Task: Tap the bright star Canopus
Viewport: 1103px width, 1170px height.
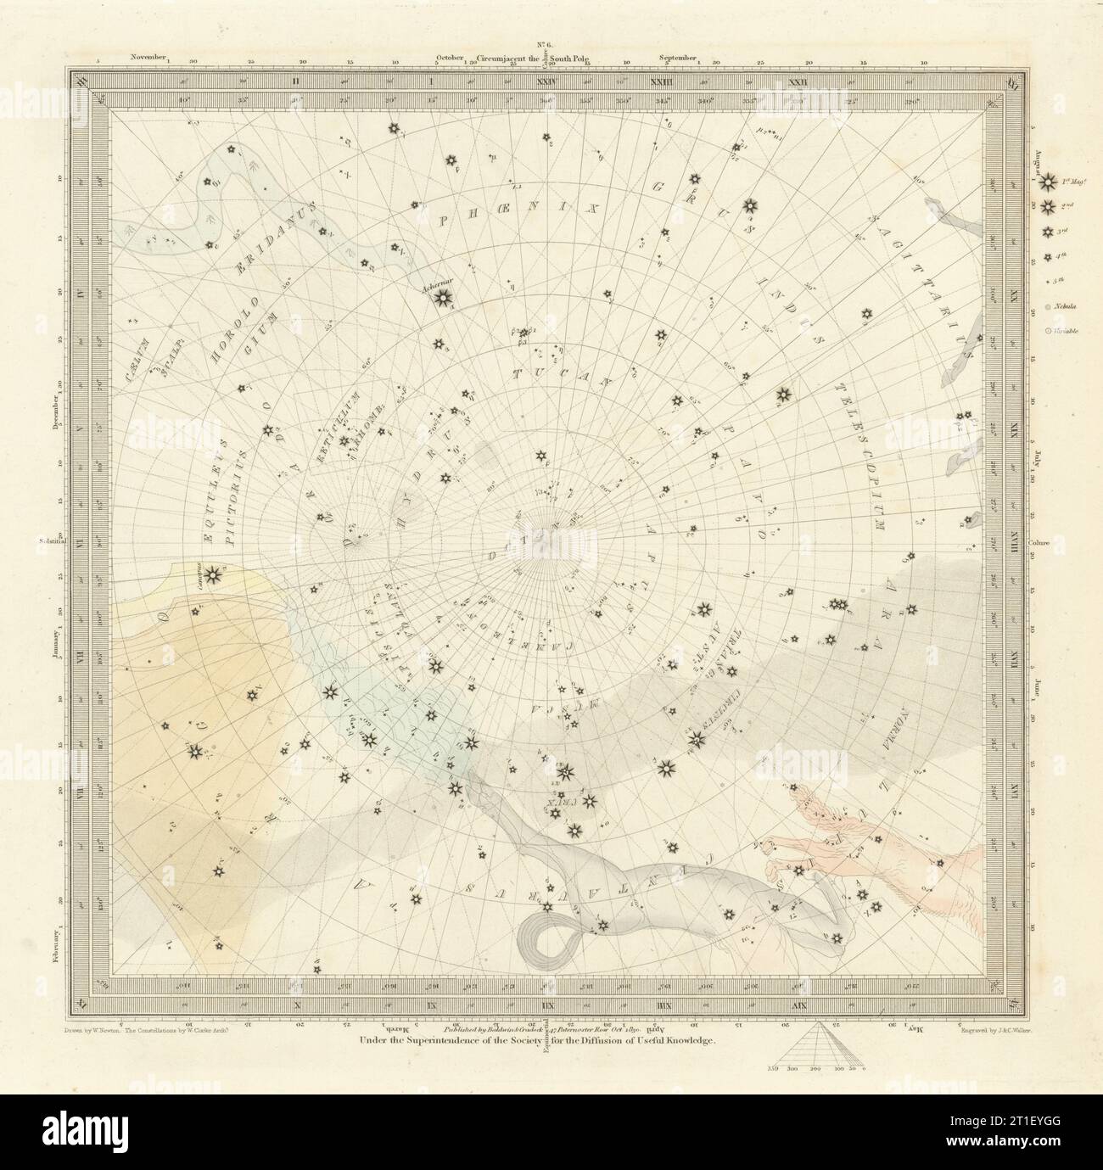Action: pos(212,576)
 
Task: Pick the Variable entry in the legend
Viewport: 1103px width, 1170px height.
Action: pos(1055,331)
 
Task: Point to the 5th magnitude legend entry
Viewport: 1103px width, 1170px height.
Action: pos(1055,279)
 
